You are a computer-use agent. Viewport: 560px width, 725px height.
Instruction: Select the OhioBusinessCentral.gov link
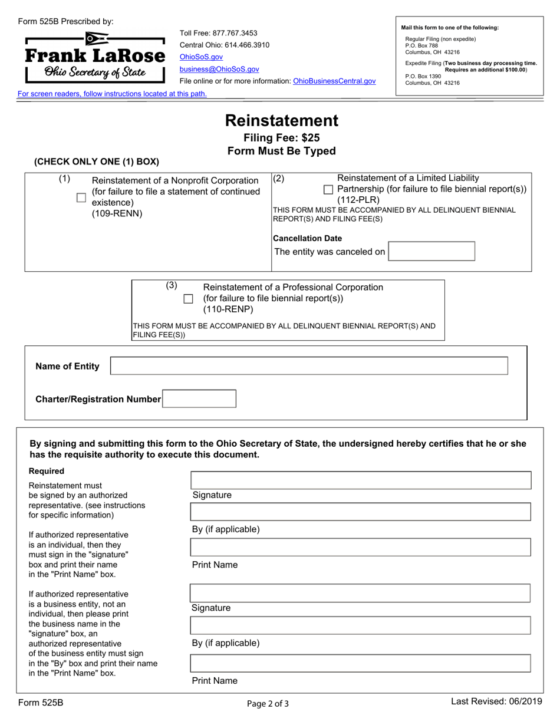334,81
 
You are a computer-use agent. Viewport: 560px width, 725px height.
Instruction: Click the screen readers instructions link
112,94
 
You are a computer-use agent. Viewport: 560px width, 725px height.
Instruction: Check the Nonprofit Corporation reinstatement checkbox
81,197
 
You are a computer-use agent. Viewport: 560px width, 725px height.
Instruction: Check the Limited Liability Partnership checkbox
329,189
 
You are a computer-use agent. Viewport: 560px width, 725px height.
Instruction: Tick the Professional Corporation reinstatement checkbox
188,299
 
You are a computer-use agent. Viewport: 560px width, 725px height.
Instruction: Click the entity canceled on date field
431,252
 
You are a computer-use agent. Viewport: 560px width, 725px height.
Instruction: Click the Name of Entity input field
309,366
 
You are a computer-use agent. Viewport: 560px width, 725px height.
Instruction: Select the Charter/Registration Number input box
199,399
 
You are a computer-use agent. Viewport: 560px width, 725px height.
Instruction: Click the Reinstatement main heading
282,121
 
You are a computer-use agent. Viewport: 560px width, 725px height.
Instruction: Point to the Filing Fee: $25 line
282,138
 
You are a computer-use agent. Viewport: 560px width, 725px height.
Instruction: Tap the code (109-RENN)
117,213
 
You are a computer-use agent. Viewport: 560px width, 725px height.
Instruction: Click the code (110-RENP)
228,309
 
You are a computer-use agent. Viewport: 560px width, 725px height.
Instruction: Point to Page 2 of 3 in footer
268,703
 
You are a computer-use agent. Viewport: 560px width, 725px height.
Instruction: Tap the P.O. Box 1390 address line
423,76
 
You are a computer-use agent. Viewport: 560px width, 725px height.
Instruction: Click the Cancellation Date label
307,238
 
